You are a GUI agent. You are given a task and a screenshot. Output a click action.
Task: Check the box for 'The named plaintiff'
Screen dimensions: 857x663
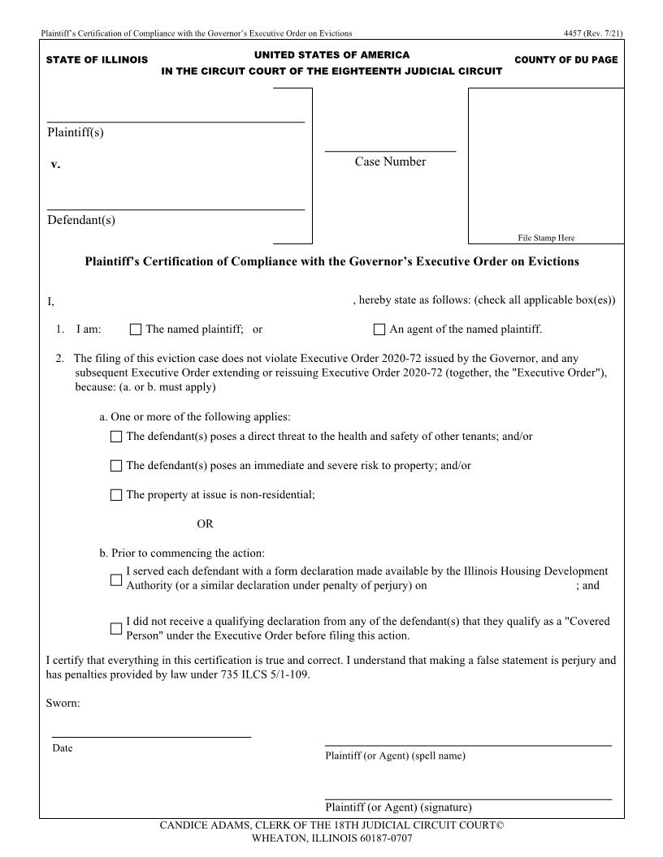tap(136, 329)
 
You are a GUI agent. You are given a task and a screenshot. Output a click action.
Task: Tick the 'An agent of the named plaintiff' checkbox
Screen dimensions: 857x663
tap(379, 329)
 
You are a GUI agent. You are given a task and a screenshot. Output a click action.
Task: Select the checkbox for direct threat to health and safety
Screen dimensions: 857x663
tap(116, 437)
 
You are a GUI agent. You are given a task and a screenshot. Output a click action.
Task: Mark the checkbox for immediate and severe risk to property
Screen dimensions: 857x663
tap(116, 466)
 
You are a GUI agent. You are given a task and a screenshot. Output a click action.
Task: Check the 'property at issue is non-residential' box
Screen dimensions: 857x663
tap(116, 495)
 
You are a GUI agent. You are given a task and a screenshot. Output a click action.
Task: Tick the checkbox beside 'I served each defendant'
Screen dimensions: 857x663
tap(116, 579)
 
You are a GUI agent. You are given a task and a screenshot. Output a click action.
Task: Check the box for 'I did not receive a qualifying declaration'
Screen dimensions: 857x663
tap(116, 629)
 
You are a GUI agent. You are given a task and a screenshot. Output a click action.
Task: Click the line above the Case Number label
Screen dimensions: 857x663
tap(390, 150)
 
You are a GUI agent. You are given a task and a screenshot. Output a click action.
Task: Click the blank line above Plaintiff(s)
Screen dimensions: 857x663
tap(175, 121)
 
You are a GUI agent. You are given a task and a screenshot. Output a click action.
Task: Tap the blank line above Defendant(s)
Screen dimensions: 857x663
tap(175, 209)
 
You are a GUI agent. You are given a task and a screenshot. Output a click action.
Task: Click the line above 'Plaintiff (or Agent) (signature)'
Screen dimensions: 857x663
tap(468, 799)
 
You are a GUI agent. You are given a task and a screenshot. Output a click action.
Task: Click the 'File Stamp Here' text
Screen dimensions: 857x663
tap(546, 238)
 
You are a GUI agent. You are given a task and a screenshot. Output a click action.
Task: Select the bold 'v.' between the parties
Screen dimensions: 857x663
tap(55, 164)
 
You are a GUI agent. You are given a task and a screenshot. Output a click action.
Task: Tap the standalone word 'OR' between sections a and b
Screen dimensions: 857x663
tap(205, 524)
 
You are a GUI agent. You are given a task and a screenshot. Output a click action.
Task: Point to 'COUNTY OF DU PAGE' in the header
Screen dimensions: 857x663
tap(565, 60)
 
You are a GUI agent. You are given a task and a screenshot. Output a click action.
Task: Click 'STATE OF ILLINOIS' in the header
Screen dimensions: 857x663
tap(97, 60)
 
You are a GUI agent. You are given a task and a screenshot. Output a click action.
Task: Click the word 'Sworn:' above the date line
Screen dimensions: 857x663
tap(63, 703)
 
